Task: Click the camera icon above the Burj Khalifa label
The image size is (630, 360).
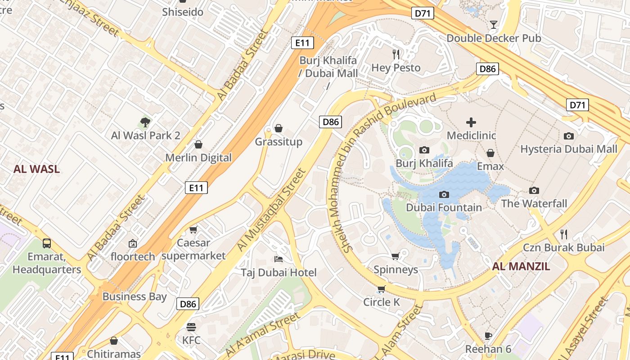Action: click(424, 150)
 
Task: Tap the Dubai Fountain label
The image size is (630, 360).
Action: click(444, 207)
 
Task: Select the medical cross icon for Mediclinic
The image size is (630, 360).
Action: click(471, 122)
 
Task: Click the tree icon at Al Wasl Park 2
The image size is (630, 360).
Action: click(145, 121)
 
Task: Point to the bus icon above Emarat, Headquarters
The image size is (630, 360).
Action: click(47, 243)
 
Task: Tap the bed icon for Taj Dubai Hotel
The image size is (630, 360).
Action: click(279, 259)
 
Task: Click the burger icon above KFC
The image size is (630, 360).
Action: click(191, 327)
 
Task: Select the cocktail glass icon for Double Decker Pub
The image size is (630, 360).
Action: click(494, 25)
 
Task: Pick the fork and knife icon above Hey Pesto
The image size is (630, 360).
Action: click(396, 54)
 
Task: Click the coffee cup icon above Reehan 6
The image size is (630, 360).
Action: click(488, 336)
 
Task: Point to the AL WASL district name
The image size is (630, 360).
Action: click(36, 169)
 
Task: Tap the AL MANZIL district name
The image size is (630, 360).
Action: click(521, 266)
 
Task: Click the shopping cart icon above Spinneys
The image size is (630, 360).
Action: click(396, 256)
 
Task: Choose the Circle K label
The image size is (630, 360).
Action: click(382, 302)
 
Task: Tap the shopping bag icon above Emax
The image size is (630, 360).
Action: click(490, 153)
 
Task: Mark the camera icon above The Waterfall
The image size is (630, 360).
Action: click(534, 190)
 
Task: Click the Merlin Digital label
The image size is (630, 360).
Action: click(198, 157)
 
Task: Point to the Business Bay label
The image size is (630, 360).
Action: click(135, 297)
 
